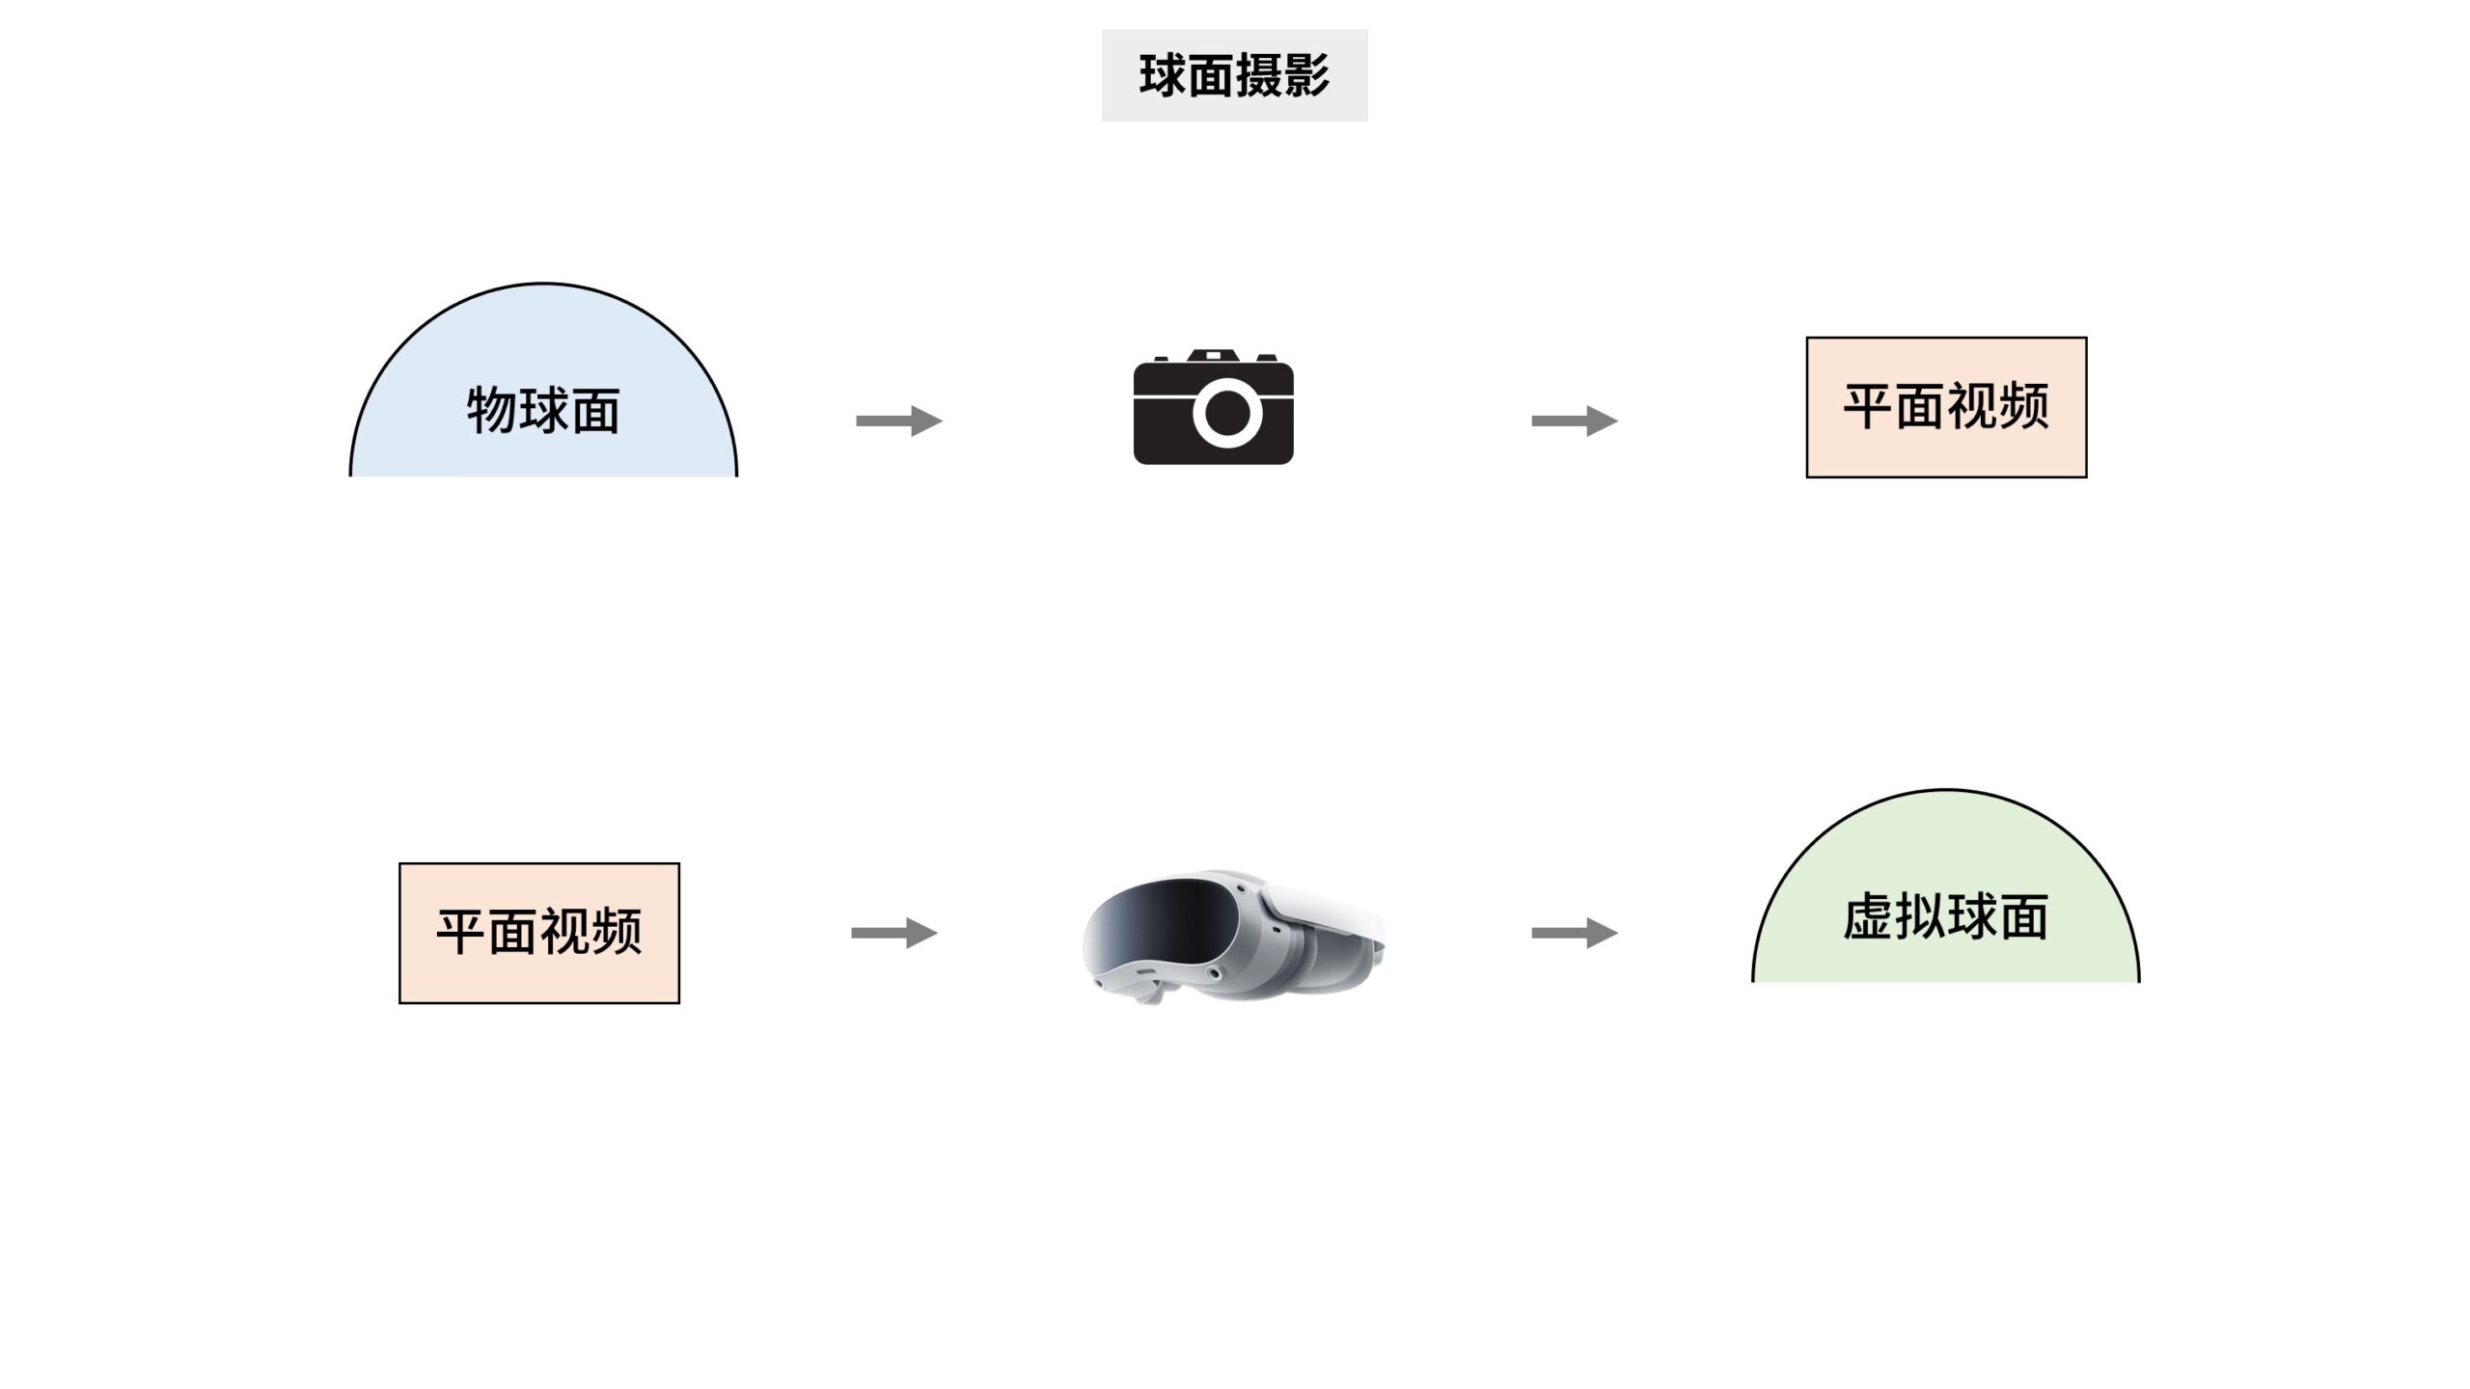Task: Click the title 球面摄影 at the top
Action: (x=1234, y=75)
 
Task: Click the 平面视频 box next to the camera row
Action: (x=1946, y=407)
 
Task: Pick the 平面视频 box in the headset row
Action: (x=539, y=933)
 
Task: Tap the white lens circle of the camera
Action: (x=1227, y=413)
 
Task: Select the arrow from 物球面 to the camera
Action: (x=898, y=421)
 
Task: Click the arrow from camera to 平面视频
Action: (x=1574, y=421)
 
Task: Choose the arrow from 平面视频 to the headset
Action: (x=893, y=933)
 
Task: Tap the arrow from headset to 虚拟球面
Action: (x=1574, y=933)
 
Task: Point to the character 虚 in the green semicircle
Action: (x=1868, y=916)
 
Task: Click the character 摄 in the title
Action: (x=1258, y=75)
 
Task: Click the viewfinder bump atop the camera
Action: (x=1213, y=356)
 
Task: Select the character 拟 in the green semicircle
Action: (x=1920, y=916)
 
